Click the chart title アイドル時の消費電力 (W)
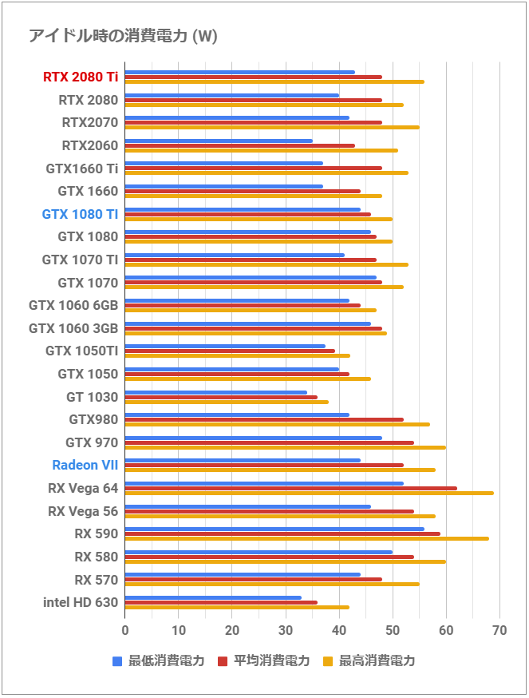(x=123, y=36)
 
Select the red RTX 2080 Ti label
(x=80, y=77)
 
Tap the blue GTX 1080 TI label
(x=80, y=214)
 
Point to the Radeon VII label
(x=85, y=465)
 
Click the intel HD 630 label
(x=80, y=602)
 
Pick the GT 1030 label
(x=92, y=397)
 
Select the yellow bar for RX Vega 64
(x=309, y=493)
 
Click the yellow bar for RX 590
(x=306, y=538)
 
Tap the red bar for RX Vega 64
(x=290, y=488)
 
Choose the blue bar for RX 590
(x=274, y=529)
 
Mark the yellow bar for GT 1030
(x=227, y=402)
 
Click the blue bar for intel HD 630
(x=213, y=597)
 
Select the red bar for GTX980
(x=264, y=419)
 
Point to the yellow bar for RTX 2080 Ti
(x=274, y=81)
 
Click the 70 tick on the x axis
(x=500, y=631)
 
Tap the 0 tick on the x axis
(x=125, y=631)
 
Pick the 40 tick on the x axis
(x=339, y=631)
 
